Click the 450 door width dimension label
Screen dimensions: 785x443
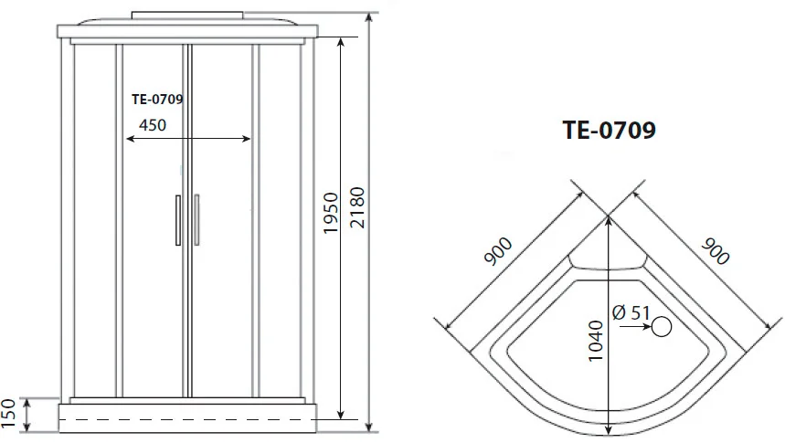coord(153,124)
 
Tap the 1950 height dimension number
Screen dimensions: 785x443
coord(331,213)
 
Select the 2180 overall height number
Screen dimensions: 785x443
coord(357,207)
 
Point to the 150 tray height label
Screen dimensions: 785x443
coord(9,415)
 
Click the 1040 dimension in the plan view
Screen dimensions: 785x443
coord(595,341)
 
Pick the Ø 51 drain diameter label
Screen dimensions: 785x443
coord(631,313)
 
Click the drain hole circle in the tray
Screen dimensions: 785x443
coord(662,327)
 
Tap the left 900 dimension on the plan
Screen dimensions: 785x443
coord(498,251)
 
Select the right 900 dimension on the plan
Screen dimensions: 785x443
coord(715,251)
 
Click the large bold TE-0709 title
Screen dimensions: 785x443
coord(610,130)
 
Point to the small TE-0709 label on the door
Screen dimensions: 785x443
coord(157,100)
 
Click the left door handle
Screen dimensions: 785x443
coord(178,220)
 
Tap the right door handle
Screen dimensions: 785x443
coord(196,220)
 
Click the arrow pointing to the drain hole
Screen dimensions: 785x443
coord(635,327)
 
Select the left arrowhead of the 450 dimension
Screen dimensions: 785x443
coord(130,139)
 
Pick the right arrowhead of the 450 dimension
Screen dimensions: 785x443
coord(246,139)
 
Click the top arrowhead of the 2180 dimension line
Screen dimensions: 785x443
coord(369,17)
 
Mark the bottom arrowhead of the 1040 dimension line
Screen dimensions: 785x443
coord(609,430)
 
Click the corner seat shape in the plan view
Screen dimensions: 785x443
coord(608,261)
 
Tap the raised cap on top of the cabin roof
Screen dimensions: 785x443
coord(187,16)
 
